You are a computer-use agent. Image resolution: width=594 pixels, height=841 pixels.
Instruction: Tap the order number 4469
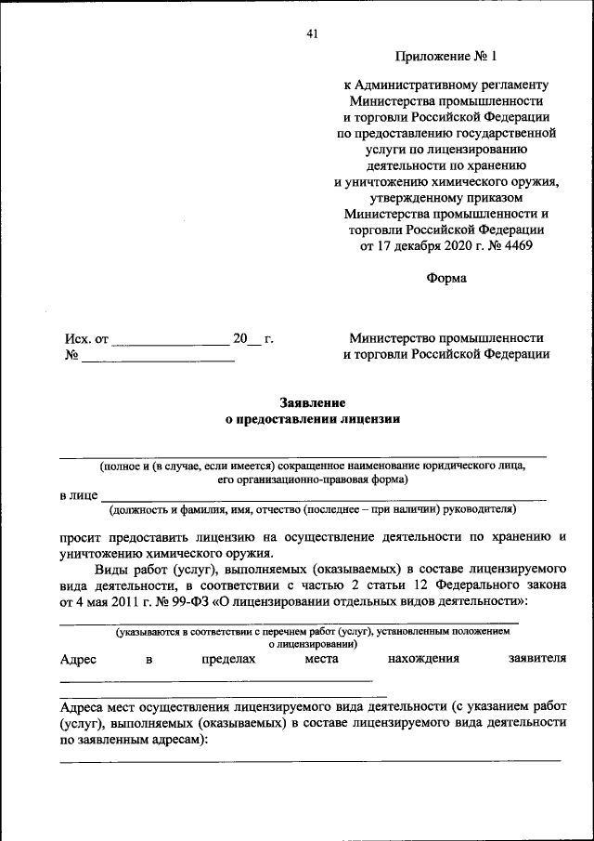pos(516,245)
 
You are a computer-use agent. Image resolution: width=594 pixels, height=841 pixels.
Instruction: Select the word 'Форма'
pos(446,278)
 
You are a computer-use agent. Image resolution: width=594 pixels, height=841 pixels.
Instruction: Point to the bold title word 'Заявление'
pos(313,402)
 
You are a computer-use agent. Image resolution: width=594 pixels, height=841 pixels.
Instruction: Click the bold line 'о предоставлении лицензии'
pos(313,419)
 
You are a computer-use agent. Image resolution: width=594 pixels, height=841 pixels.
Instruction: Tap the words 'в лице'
pos(76,496)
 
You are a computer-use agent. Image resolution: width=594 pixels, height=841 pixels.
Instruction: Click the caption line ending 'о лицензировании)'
pos(313,643)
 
